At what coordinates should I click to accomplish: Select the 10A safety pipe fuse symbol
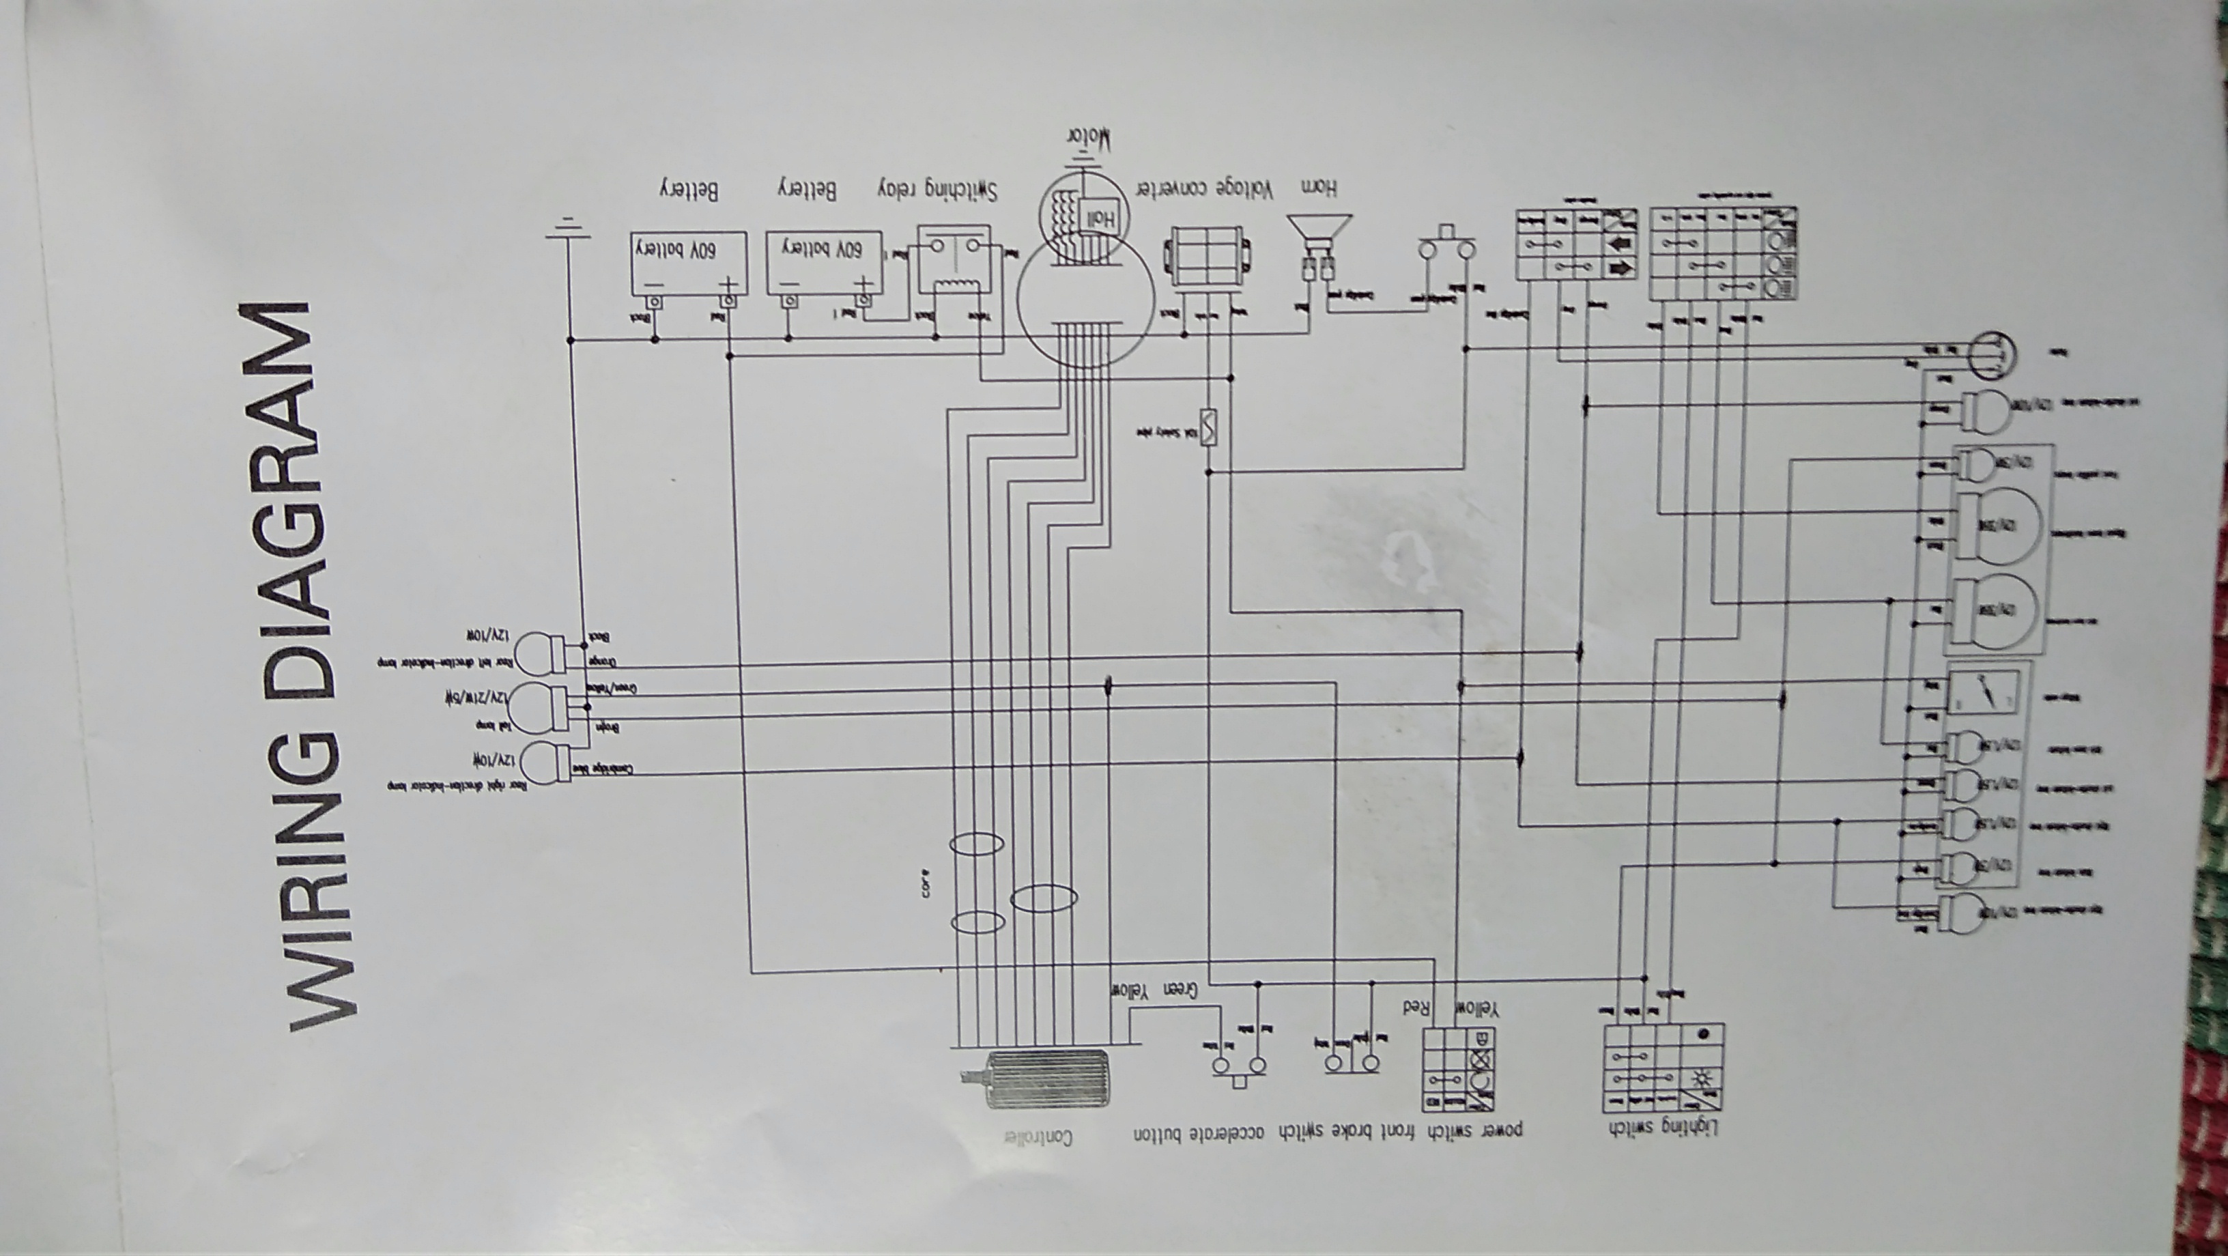[1209, 427]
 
